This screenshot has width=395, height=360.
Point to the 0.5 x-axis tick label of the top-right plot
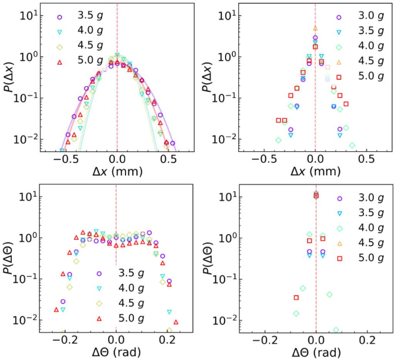[368, 160]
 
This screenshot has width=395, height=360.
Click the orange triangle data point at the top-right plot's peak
[315, 28]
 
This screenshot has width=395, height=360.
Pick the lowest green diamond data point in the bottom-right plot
[336, 330]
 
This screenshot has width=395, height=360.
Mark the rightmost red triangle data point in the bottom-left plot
[176, 322]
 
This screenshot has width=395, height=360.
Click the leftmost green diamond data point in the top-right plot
[278, 140]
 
